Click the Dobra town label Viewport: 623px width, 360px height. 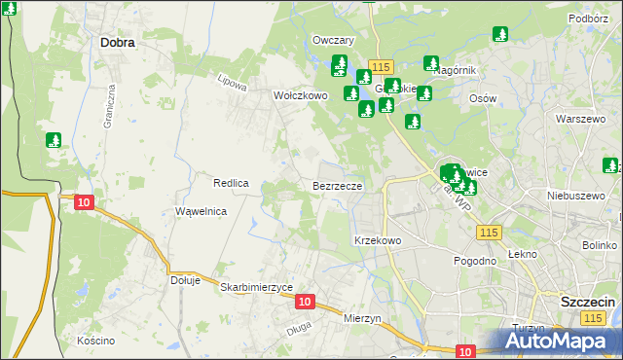117,43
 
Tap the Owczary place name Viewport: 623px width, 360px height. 332,40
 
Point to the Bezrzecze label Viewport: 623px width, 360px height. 338,185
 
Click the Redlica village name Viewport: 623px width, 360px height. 232,183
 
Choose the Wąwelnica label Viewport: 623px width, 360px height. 201,211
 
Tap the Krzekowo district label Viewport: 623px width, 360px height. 378,239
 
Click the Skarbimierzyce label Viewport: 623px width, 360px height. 256,287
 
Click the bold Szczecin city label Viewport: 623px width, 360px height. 586,302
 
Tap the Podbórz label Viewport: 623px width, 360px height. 588,18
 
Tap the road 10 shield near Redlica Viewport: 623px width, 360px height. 84,202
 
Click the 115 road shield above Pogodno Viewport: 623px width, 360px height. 489,232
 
